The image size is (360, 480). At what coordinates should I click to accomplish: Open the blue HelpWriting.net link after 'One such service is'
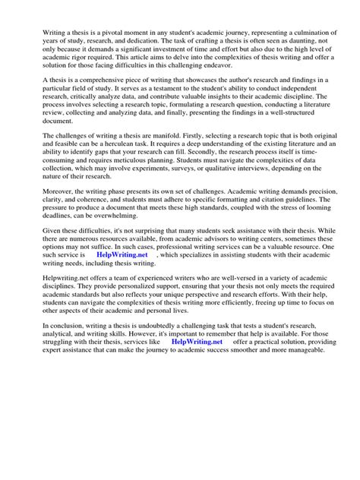tap(125, 317)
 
